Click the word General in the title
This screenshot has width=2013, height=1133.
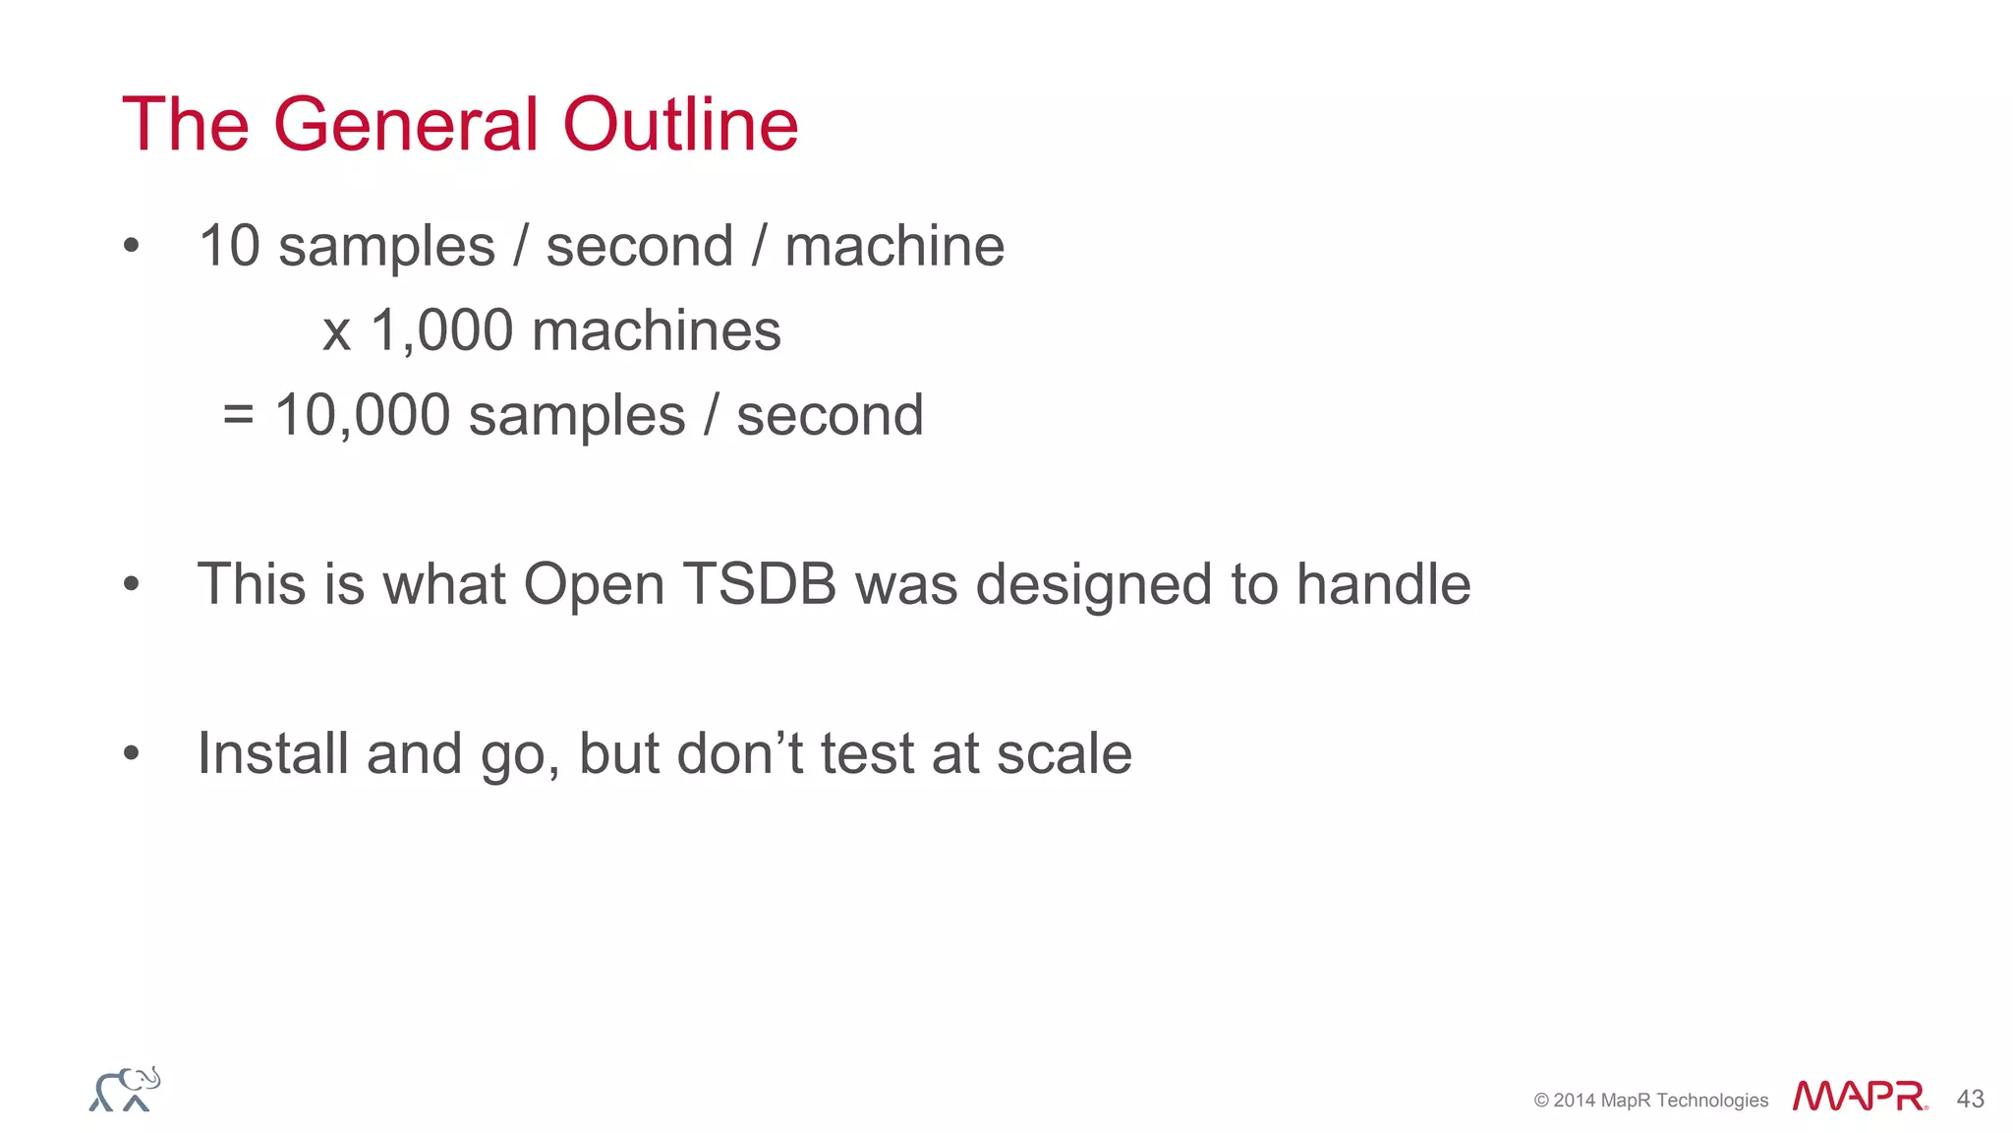pyautogui.click(x=405, y=125)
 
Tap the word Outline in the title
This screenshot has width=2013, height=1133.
pyautogui.click(x=679, y=125)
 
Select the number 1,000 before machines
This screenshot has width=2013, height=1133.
pyautogui.click(x=441, y=330)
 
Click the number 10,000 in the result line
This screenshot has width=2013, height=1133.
pyautogui.click(x=362, y=415)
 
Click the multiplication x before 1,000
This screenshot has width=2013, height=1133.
pyautogui.click(x=336, y=332)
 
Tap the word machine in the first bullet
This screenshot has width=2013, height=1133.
pyautogui.click(x=893, y=246)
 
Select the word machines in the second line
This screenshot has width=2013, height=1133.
pyautogui.click(x=656, y=330)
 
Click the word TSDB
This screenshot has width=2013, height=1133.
pyautogui.click(x=759, y=584)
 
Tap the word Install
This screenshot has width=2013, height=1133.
pyautogui.click(x=272, y=753)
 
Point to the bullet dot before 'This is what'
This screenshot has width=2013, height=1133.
pyautogui.click(x=132, y=585)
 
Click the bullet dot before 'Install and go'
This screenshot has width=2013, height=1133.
pyautogui.click(x=132, y=754)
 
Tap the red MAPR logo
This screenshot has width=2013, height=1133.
pyautogui.click(x=1859, y=1096)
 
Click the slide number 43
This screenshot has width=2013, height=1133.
pyautogui.click(x=1970, y=1099)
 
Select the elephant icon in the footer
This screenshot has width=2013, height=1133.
pyautogui.click(x=125, y=1090)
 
